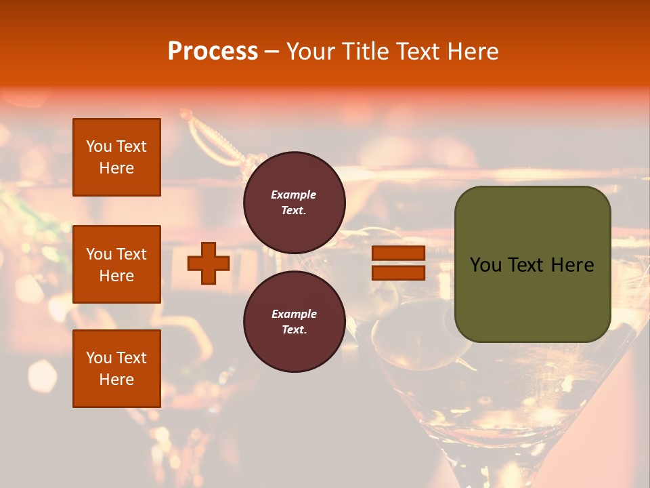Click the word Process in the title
[213, 52]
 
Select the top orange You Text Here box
[116, 157]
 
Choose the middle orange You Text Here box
[116, 264]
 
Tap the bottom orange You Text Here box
[116, 368]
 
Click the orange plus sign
[209, 263]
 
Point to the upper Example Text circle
[294, 203]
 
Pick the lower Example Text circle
[294, 321]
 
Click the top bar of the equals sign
[398, 253]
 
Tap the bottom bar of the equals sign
[398, 272]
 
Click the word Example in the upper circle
[294, 195]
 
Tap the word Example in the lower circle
[294, 314]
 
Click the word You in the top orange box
[99, 146]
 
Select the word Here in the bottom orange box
[116, 380]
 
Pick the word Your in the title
[309, 52]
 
